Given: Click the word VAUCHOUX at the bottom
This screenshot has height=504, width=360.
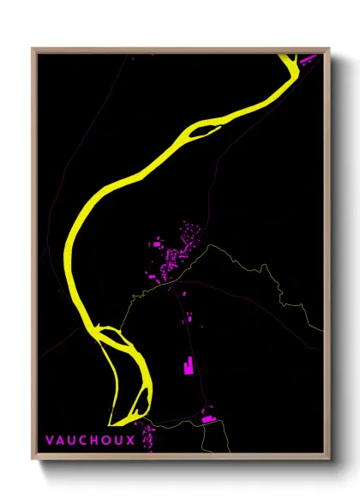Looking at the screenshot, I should [90, 441].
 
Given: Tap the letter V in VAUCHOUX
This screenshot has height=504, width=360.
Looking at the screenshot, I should [50, 441].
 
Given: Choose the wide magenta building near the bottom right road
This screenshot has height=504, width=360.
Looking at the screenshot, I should [207, 418].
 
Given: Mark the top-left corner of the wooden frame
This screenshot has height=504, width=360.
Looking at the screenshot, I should [33, 49].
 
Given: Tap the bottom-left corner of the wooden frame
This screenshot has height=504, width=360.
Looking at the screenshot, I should [33, 460].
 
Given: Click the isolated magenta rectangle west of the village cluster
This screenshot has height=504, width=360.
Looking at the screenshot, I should [156, 245].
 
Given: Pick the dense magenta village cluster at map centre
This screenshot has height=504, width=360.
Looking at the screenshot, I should [177, 253].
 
